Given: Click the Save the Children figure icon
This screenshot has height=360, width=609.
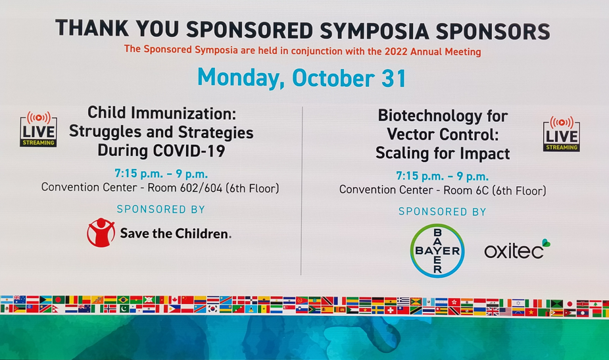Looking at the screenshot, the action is pos(101,232).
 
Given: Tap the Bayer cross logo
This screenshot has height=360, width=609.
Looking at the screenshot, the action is pos(437,251).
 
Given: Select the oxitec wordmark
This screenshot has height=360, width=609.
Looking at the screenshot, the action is pos(517,249).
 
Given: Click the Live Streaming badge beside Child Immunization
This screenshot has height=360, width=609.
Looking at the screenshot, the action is pos(38,130).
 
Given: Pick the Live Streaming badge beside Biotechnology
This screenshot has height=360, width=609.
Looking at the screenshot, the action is pos(562,134).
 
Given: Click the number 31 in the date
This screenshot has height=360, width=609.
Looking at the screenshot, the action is pos(394,78).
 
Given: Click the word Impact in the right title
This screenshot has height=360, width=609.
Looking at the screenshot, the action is pos(485,154).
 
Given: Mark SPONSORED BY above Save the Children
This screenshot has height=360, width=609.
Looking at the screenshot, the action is pos(160,209).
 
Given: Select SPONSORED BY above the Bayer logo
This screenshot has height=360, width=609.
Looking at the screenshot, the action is pos(443,211).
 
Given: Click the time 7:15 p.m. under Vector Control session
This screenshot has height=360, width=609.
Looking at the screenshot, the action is pos(420,176).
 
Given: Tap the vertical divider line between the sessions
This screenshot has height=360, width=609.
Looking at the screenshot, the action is pos(302,190).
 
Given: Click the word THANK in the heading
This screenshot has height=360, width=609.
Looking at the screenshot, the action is pos(92,28).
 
